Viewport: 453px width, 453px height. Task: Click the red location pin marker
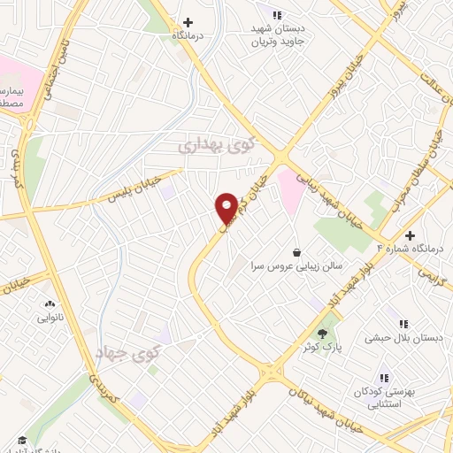[226, 208]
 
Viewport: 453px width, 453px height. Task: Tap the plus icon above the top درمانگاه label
[188, 22]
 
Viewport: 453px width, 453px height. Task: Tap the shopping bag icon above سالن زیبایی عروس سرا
[296, 250]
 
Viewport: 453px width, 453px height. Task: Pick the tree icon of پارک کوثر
[321, 333]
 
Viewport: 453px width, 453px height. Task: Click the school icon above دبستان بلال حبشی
[404, 325]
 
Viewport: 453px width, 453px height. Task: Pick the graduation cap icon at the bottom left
[21, 440]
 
